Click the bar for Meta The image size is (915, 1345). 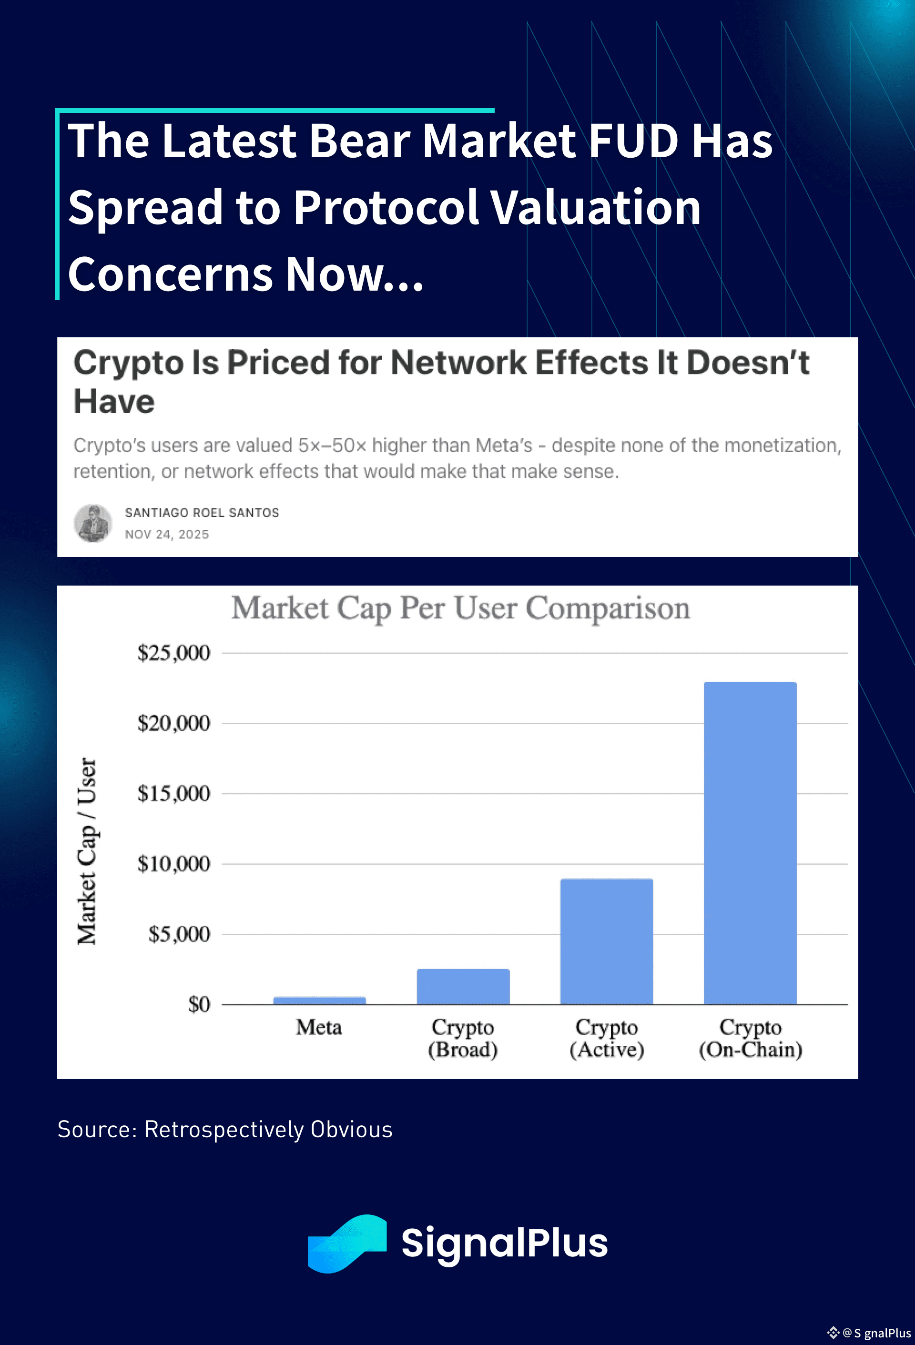319,1000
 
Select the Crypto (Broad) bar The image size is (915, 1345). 463,986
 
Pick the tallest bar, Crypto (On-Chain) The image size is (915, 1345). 750,843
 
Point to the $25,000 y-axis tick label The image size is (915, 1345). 173,653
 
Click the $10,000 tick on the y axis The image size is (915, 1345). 173,863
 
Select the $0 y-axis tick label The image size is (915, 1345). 199,1004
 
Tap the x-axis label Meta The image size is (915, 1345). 319,1027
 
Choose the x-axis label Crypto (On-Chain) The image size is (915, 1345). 750,1038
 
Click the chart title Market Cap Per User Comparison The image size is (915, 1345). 461,608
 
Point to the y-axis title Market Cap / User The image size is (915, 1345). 86,851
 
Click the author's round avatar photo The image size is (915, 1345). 92,523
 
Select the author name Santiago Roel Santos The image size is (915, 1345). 202,512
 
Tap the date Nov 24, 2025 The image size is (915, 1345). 167,534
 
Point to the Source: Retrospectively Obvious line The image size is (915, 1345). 224,1129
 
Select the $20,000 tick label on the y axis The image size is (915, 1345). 173,723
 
